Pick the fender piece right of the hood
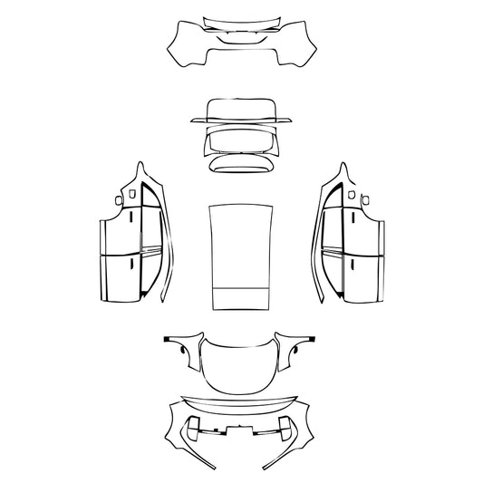point(298,349)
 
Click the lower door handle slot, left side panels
point(133,264)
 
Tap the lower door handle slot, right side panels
point(349,264)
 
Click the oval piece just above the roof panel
point(241,162)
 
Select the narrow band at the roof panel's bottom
point(241,300)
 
